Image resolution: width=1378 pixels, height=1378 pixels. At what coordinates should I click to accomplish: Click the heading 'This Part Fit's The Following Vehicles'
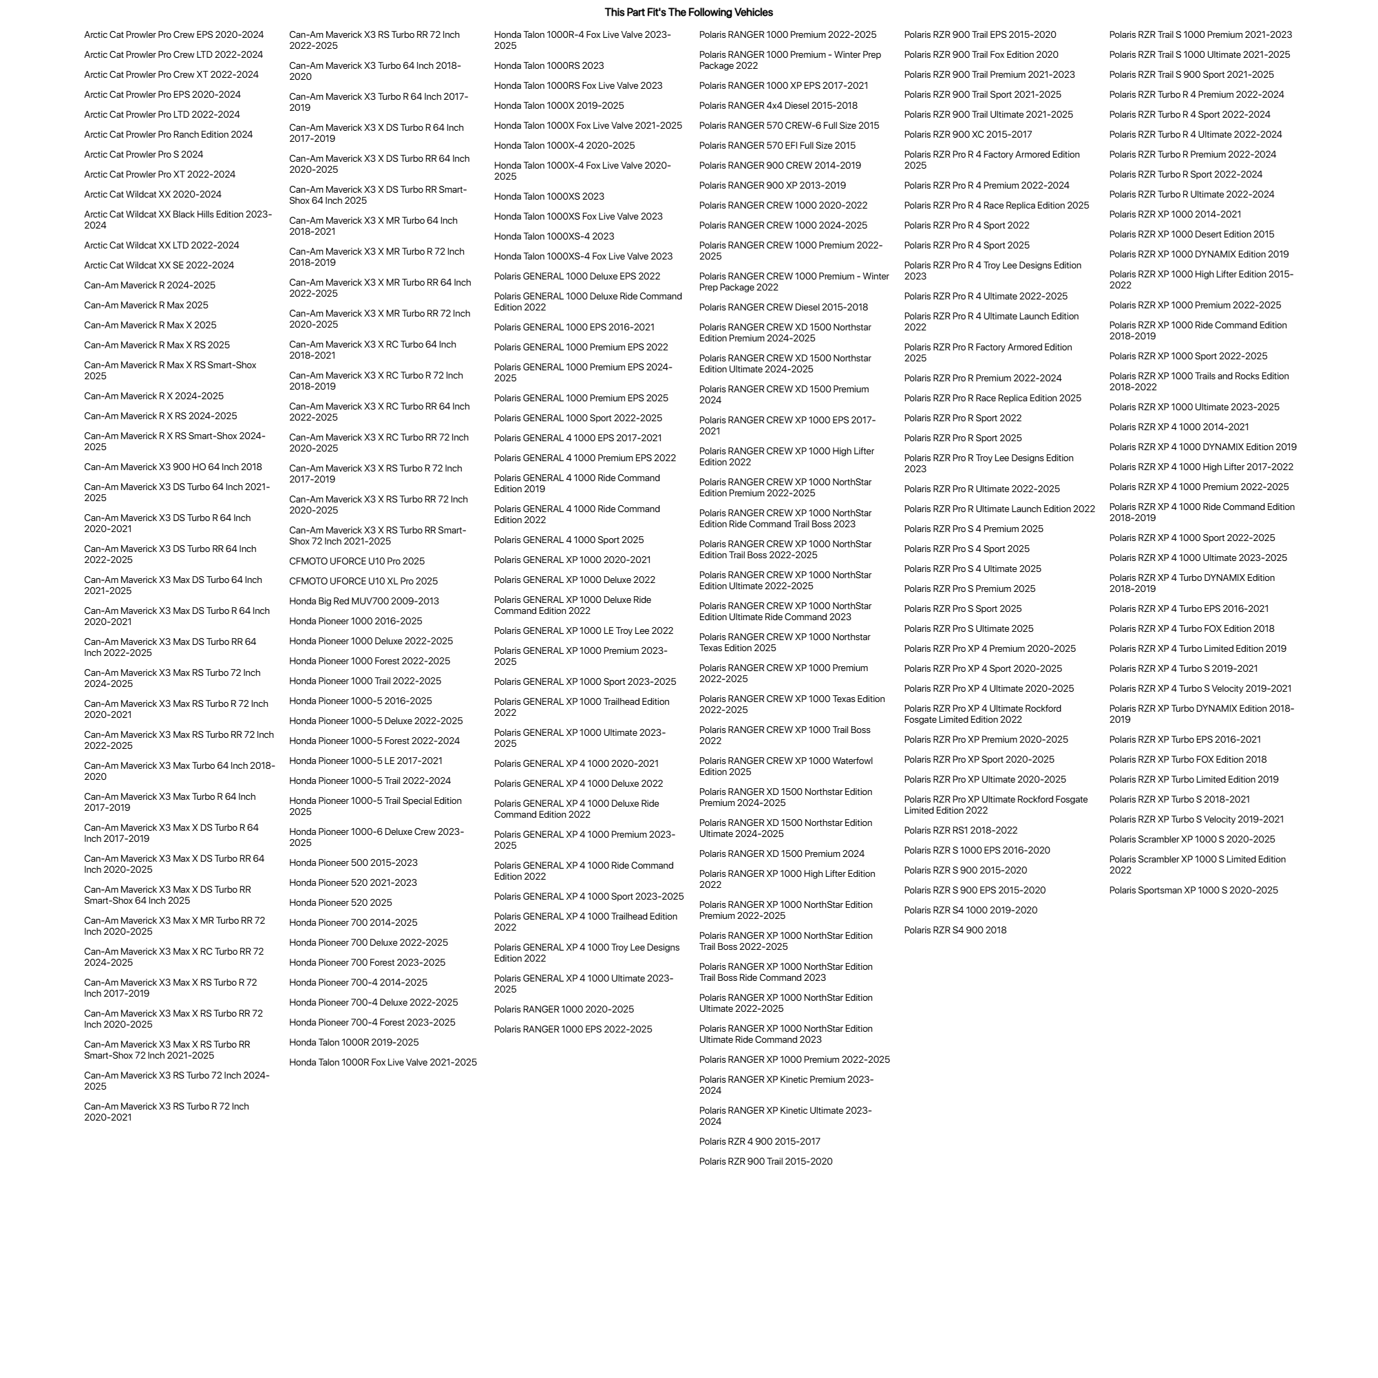(x=688, y=12)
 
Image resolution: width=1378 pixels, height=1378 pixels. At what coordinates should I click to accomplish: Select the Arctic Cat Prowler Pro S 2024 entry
(x=143, y=154)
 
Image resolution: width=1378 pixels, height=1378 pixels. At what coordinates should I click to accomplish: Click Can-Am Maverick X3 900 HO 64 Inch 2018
(x=173, y=467)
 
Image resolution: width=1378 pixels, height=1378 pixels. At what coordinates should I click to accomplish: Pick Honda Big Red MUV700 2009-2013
(x=363, y=602)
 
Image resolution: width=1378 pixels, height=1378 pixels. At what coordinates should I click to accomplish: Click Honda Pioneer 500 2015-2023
(x=353, y=863)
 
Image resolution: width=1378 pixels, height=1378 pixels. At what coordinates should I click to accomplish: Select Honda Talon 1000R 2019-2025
(x=354, y=1043)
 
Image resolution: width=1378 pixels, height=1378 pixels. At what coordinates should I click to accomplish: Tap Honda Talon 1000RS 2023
(x=549, y=65)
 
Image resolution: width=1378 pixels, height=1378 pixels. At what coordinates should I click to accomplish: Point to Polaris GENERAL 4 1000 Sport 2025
(x=569, y=540)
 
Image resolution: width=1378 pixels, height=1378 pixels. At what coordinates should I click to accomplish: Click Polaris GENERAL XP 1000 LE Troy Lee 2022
(x=584, y=630)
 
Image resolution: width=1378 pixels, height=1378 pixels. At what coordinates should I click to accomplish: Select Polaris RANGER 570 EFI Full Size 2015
(x=776, y=145)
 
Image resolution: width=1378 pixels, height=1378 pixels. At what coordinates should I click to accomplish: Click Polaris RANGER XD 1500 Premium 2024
(x=781, y=854)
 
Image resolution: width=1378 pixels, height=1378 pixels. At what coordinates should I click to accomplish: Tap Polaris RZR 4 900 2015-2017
(x=760, y=1141)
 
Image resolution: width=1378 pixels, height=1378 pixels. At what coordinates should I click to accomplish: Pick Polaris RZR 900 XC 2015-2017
(x=968, y=134)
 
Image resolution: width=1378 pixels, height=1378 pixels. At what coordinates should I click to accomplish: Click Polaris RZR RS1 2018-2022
(x=961, y=830)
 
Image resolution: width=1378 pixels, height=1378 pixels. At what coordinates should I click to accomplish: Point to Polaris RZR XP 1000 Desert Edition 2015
(x=1191, y=234)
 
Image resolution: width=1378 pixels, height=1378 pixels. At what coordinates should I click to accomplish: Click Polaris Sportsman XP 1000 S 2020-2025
(x=1194, y=890)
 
